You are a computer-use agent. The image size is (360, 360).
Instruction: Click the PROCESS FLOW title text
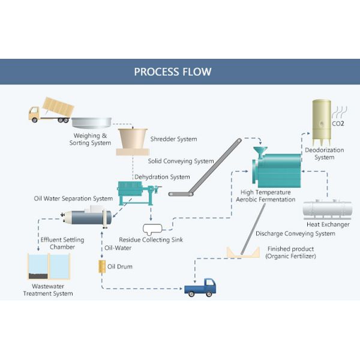click(172, 71)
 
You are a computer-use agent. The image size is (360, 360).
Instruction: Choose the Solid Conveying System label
click(181, 161)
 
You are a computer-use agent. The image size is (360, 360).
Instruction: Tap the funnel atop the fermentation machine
click(260, 150)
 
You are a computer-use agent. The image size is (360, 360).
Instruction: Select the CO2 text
click(338, 124)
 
